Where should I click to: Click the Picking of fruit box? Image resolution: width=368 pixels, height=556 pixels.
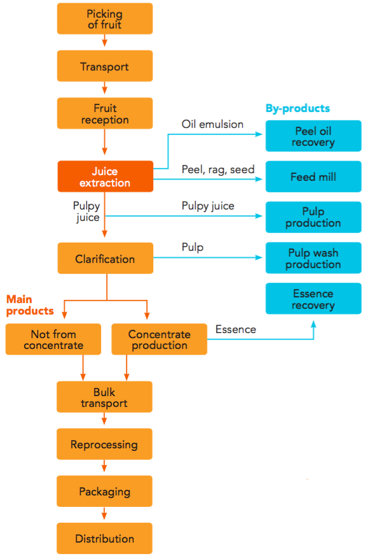tap(105, 19)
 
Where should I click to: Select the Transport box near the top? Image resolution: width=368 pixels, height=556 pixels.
tap(105, 66)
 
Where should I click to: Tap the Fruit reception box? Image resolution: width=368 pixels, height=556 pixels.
tap(105, 113)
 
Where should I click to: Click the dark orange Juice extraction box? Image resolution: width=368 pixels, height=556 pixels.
tap(105, 176)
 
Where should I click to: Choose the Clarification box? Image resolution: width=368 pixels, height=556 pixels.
tap(105, 259)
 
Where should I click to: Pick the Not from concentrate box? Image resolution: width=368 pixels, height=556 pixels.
tap(53, 339)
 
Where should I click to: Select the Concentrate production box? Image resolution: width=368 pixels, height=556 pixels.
tap(159, 339)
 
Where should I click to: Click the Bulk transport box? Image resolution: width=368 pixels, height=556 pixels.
tap(105, 397)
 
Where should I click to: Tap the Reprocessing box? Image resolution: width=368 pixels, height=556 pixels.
tap(105, 444)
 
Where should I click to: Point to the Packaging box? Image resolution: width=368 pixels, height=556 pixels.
tap(105, 491)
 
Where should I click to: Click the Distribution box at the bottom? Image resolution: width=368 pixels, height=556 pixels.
tap(105, 538)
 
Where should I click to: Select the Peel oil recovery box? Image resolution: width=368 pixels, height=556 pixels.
tap(313, 136)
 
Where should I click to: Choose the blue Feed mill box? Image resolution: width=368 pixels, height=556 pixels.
tap(313, 176)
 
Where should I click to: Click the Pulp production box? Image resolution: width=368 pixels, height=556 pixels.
tap(313, 217)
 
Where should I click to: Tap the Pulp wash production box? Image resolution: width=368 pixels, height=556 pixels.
tap(313, 258)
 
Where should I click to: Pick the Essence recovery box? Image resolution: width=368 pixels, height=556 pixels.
tap(313, 299)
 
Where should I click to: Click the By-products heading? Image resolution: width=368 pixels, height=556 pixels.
tap(297, 108)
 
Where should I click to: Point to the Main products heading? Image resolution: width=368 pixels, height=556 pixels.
tap(30, 305)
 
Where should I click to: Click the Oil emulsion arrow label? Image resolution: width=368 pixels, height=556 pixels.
tap(212, 124)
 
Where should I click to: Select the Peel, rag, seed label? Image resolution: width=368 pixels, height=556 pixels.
tap(218, 169)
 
